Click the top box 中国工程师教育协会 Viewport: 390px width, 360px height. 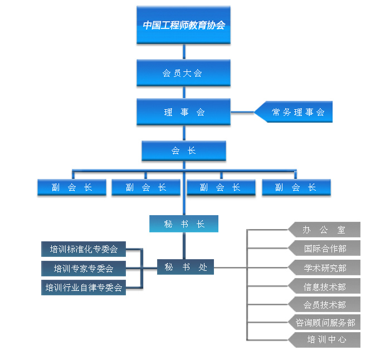point(183,25)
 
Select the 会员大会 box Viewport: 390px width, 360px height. point(183,73)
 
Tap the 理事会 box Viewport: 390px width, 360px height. point(183,112)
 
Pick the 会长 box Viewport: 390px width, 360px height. point(183,150)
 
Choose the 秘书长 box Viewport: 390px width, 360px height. point(183,224)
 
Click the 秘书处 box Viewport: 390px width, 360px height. point(186,267)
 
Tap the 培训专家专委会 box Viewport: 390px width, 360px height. point(84,269)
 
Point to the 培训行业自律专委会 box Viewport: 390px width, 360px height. point(84,288)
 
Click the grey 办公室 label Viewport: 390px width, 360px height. point(324,230)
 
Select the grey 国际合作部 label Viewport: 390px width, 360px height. point(324,248)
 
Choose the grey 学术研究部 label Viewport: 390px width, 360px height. point(324,268)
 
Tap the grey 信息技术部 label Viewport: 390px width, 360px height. point(324,287)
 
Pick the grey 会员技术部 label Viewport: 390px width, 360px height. point(324,305)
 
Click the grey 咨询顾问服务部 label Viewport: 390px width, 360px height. point(324,323)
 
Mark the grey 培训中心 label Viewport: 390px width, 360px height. point(324,339)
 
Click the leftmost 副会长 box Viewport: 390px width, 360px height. point(72,187)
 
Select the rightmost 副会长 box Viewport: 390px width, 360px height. point(296,187)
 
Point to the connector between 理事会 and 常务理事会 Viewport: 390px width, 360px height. point(242,112)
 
